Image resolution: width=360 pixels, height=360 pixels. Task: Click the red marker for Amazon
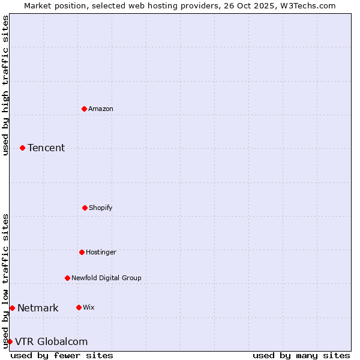tap(84, 109)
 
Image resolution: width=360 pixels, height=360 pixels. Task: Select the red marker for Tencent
tap(22, 148)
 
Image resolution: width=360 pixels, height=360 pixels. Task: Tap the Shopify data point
tap(85, 208)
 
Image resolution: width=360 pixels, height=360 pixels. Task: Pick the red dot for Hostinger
tap(82, 252)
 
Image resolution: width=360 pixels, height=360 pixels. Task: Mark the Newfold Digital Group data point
tap(67, 278)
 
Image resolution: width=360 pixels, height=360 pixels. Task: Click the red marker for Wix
tap(79, 307)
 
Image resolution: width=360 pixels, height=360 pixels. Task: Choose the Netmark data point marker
tap(12, 308)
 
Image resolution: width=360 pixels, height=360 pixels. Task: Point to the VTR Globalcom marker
tap(10, 341)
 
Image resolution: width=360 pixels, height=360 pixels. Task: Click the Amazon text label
tap(101, 109)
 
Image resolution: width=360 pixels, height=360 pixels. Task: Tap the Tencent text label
tap(46, 148)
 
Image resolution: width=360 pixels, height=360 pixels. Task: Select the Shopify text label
tap(101, 208)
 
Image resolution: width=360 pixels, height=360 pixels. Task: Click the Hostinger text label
tap(101, 252)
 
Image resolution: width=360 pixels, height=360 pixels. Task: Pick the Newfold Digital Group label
tap(106, 278)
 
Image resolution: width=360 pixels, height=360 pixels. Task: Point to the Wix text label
tap(89, 307)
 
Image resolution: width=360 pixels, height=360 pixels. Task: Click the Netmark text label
tap(38, 308)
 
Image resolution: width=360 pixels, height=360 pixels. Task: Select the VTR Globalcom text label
tap(51, 341)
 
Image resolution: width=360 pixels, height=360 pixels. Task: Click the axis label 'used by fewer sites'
tap(62, 355)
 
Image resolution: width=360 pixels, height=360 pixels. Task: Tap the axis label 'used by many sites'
tap(301, 355)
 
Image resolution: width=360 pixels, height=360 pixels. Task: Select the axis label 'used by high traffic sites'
tap(5, 85)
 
